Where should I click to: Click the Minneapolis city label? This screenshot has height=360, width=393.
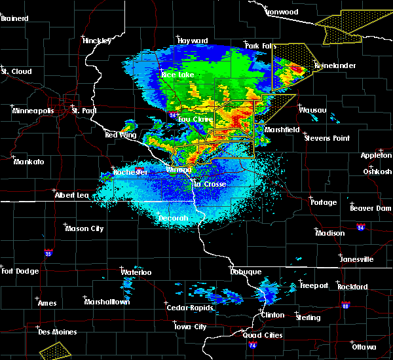[33, 111]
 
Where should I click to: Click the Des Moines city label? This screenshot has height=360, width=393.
[57, 332]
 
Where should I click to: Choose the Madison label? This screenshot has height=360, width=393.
[329, 233]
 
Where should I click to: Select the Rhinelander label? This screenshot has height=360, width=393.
[334, 66]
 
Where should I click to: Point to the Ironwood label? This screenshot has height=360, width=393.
[282, 12]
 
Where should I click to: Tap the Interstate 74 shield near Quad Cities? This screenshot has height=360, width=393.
[252, 353]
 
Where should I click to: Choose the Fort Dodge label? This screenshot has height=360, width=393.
[20, 271]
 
